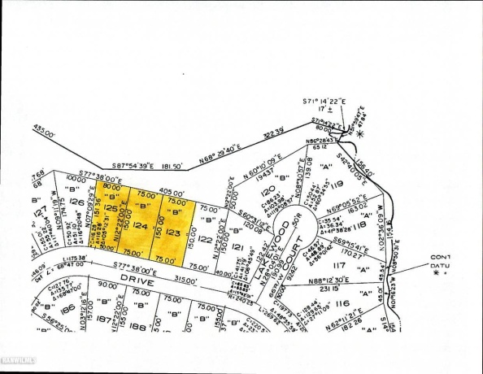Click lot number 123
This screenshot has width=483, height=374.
[172, 232]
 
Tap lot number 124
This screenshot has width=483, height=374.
[140, 227]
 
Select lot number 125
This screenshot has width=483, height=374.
[111, 208]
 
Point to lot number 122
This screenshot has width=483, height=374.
[205, 239]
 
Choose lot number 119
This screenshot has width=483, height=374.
[337, 185]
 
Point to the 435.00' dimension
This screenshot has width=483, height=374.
[43, 128]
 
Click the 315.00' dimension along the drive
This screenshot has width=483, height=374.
[185, 280]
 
